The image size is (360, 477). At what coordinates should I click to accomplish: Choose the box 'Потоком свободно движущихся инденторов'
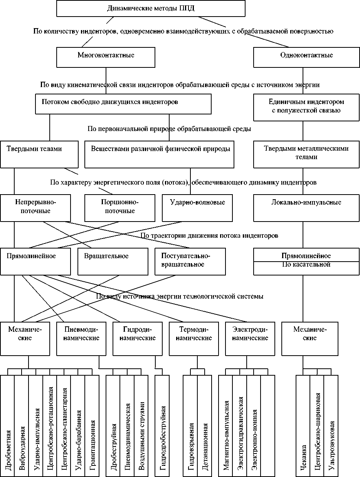coord(123,104)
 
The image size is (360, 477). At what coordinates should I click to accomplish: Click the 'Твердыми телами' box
coord(39,154)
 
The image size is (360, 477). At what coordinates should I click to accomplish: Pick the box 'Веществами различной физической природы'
coord(159,154)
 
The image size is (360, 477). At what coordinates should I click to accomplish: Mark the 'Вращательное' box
coord(113,261)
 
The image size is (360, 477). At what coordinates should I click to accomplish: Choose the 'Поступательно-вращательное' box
coord(190,261)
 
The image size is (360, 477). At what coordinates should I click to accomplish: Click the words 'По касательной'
coord(306,265)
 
